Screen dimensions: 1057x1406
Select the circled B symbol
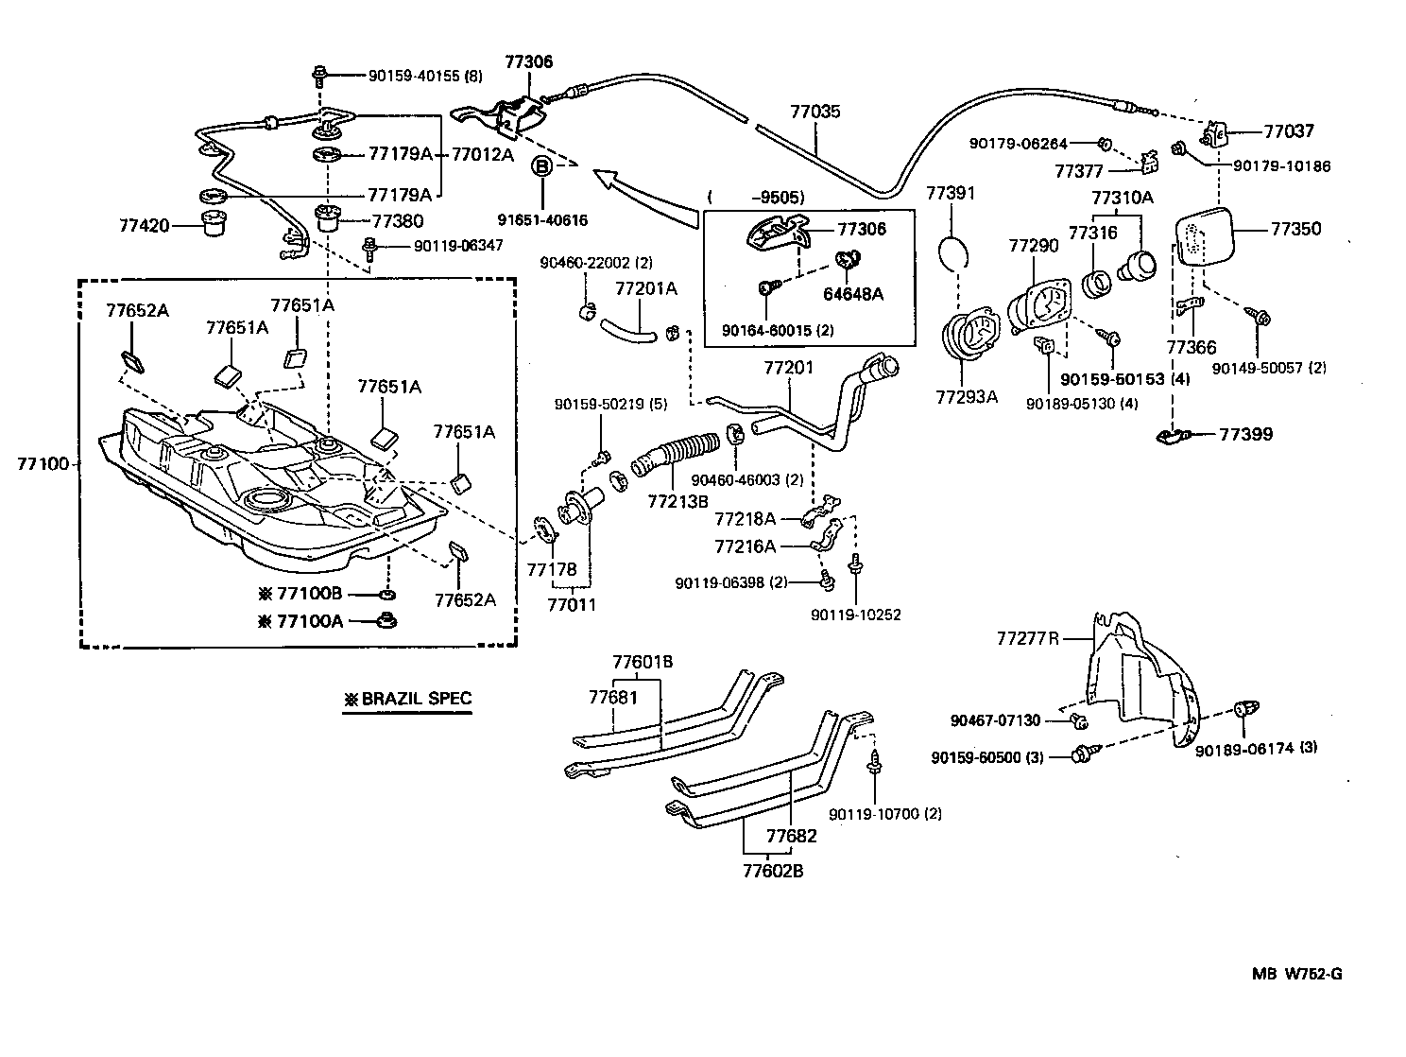click(543, 166)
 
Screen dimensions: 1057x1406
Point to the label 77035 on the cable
click(814, 112)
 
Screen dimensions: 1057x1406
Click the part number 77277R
click(1027, 638)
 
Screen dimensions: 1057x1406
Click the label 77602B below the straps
click(772, 871)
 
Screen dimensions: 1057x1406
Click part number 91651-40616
click(543, 220)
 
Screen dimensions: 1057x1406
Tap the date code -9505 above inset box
click(777, 198)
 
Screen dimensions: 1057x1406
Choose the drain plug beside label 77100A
click(386, 620)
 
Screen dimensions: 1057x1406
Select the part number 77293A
click(967, 397)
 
